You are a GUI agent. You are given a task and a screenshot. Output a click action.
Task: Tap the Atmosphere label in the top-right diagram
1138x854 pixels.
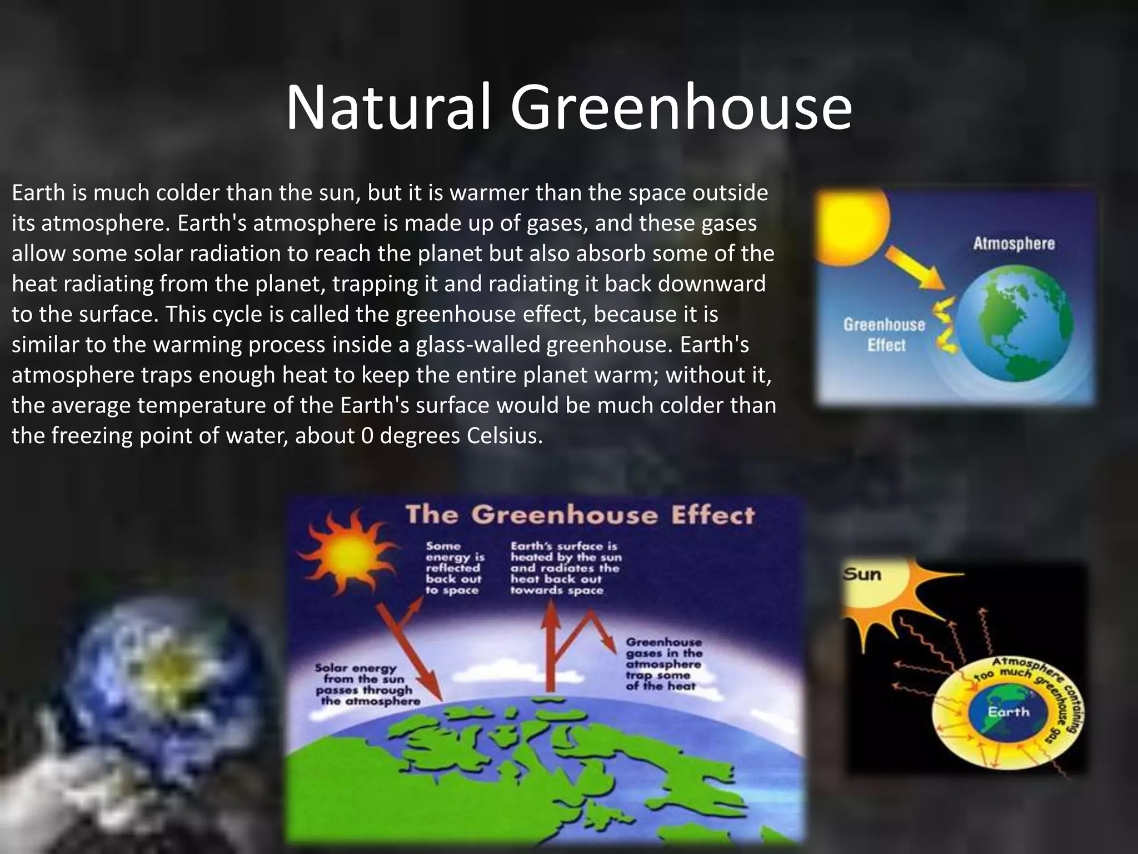click(x=1014, y=244)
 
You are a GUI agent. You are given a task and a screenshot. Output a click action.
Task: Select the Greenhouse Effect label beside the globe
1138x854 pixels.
click(x=885, y=335)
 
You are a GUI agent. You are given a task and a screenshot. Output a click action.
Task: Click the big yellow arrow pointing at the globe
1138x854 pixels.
click(x=914, y=267)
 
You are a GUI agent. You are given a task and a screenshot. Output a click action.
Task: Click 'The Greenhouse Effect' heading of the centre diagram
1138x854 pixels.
click(x=580, y=515)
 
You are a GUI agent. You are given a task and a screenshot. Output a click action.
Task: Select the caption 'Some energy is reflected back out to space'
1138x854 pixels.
click(x=455, y=568)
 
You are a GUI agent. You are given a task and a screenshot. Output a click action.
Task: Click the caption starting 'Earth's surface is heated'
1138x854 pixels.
click(x=566, y=568)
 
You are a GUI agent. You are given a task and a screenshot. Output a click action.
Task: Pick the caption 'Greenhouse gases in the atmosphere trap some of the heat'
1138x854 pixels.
click(x=663, y=664)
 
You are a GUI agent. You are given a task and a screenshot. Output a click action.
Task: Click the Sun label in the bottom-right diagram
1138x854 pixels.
click(x=862, y=574)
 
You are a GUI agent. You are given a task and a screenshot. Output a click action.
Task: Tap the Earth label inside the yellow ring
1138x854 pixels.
click(x=1008, y=712)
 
